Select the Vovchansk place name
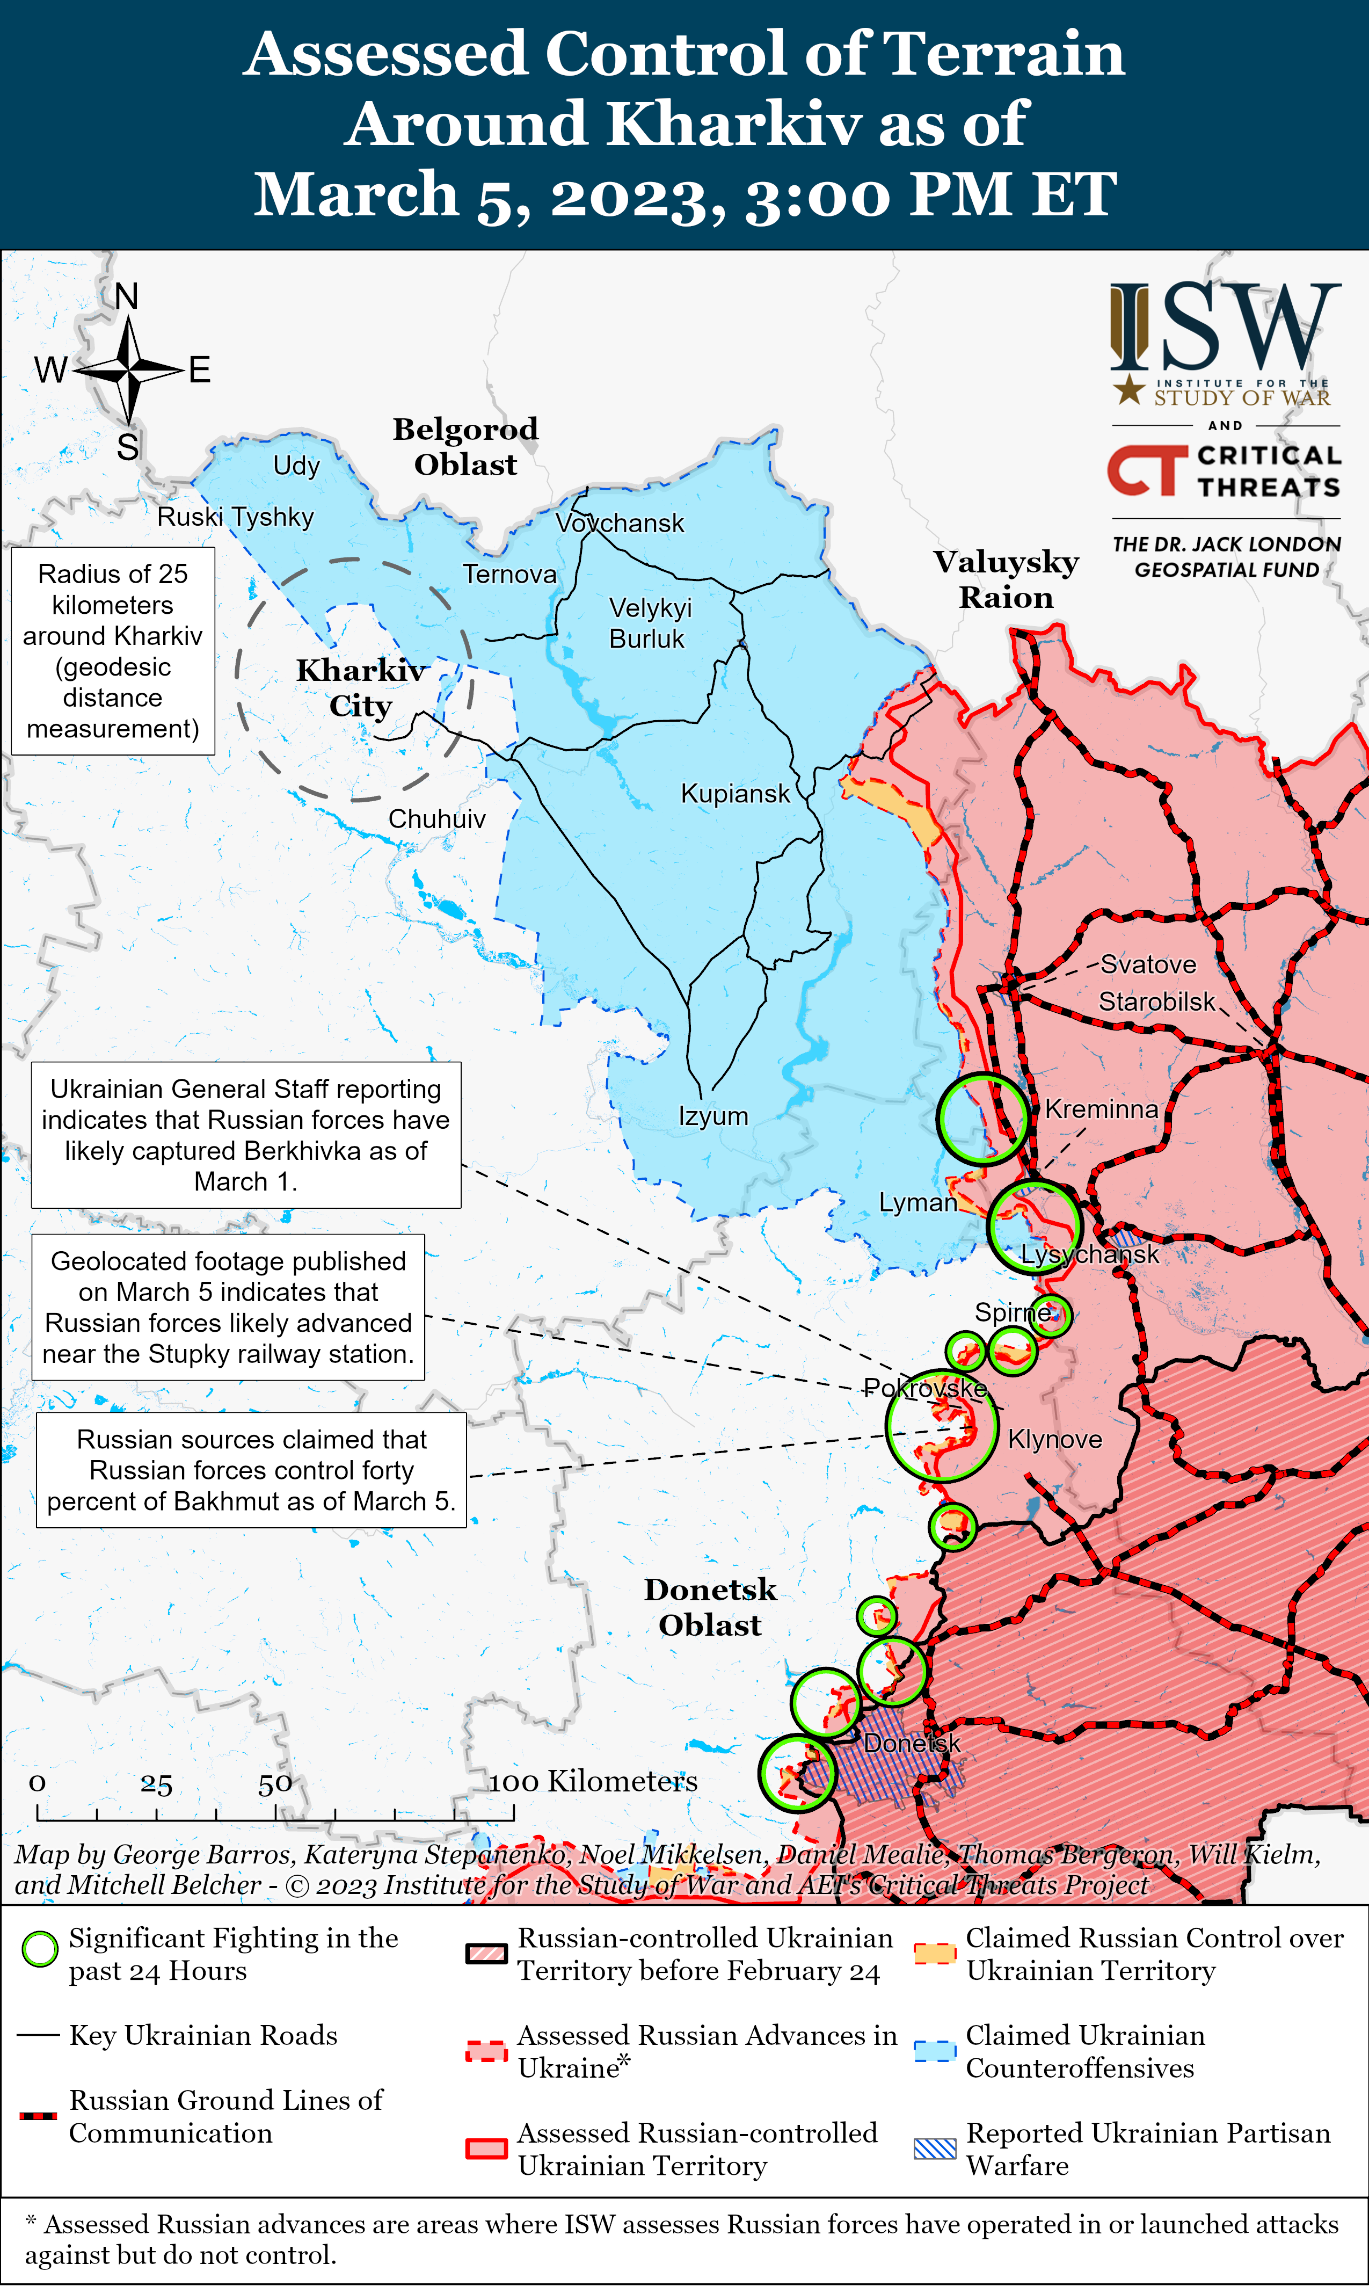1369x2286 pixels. [620, 523]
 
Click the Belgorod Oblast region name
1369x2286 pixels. [466, 446]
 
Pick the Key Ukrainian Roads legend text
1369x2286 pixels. [203, 2035]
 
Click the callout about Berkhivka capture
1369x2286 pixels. [245, 1135]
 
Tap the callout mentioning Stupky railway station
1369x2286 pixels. [228, 1307]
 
